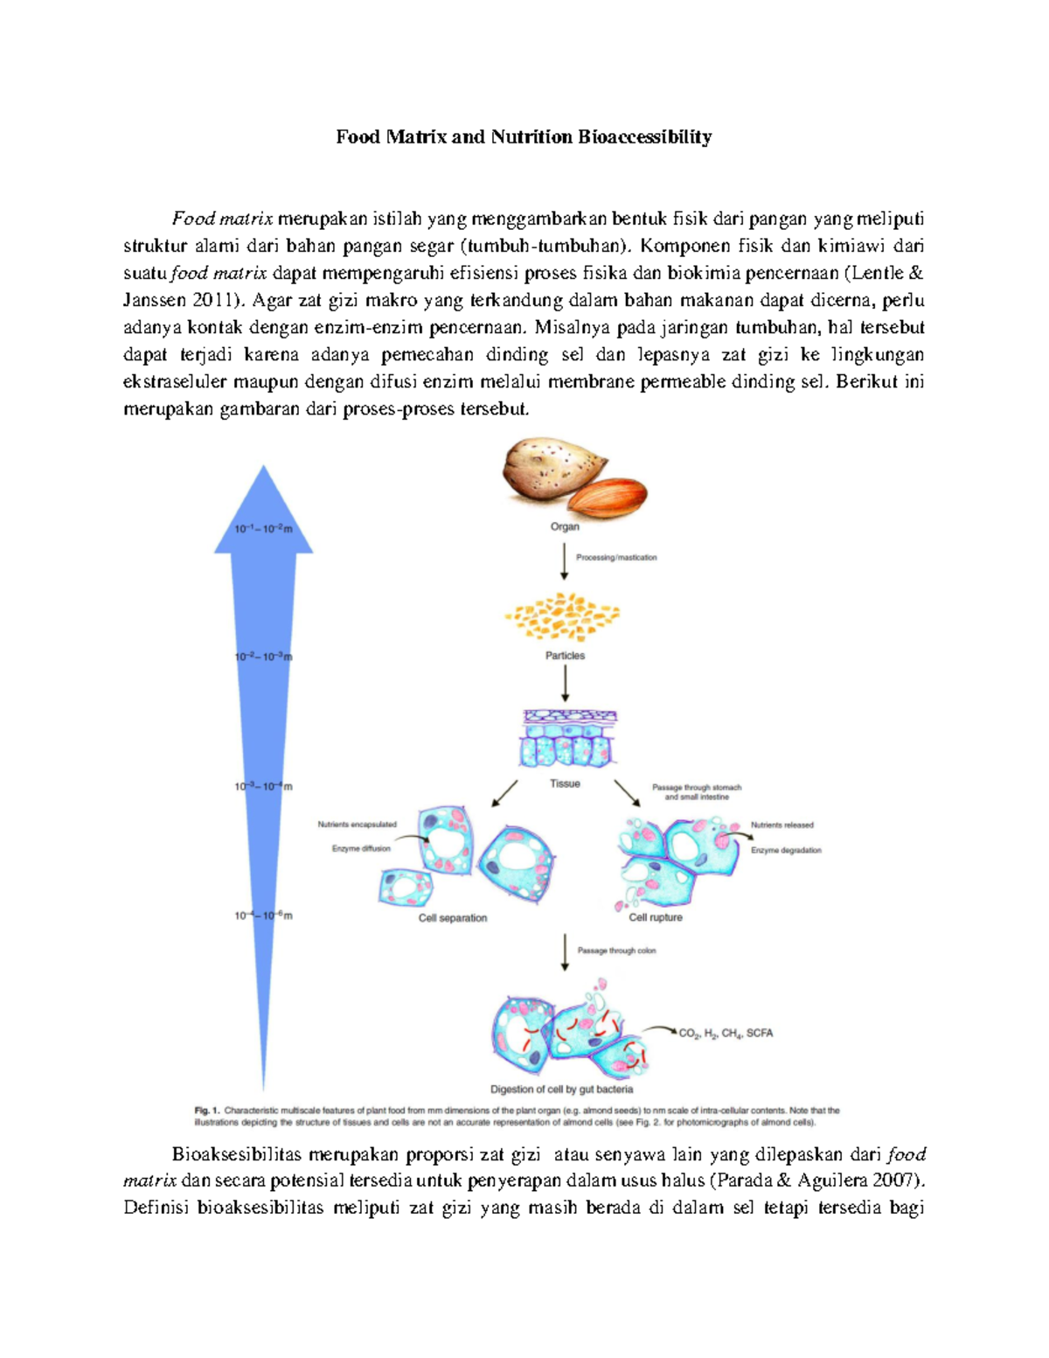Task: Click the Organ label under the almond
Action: (565, 526)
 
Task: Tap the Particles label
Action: (565, 655)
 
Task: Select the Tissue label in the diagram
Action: (565, 783)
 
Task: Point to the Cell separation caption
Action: (452, 918)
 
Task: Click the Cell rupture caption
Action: (656, 917)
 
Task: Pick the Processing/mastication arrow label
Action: (616, 557)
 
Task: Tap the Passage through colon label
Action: (616, 951)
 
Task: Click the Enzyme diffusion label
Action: (361, 848)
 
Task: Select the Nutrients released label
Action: (782, 825)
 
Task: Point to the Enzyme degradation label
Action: (786, 850)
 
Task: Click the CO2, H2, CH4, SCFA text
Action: (726, 1033)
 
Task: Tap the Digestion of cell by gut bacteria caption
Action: (561, 1090)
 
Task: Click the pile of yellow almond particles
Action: (563, 617)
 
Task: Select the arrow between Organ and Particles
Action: (565, 563)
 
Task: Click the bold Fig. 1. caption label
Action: (206, 1111)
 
